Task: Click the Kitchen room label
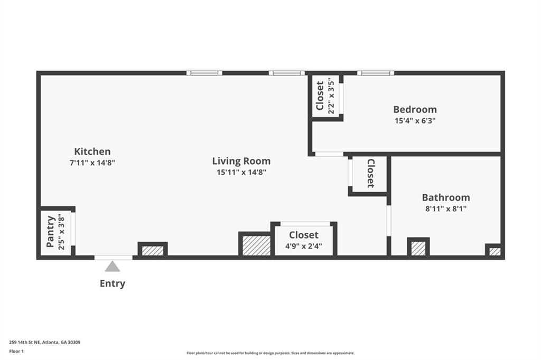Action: coord(92,151)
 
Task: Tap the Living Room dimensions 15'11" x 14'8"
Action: coord(241,172)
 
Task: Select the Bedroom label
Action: coord(415,109)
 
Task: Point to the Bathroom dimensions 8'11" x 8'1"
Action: coord(445,209)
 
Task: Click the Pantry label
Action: coord(51,232)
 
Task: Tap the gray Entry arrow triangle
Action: coord(112,267)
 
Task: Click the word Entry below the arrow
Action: coord(113,283)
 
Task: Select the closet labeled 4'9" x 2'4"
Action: coord(304,240)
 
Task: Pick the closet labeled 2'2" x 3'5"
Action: coord(325,96)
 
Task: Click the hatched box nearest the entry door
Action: coord(153,250)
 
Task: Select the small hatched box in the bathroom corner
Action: coord(495,251)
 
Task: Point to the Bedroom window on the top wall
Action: coord(376,73)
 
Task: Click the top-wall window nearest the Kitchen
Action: coord(204,73)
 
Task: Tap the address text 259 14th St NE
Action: coord(44,342)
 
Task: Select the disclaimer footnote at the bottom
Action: coord(270,353)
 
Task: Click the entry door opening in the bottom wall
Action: coord(113,258)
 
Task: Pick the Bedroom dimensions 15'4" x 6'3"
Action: coord(415,120)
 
